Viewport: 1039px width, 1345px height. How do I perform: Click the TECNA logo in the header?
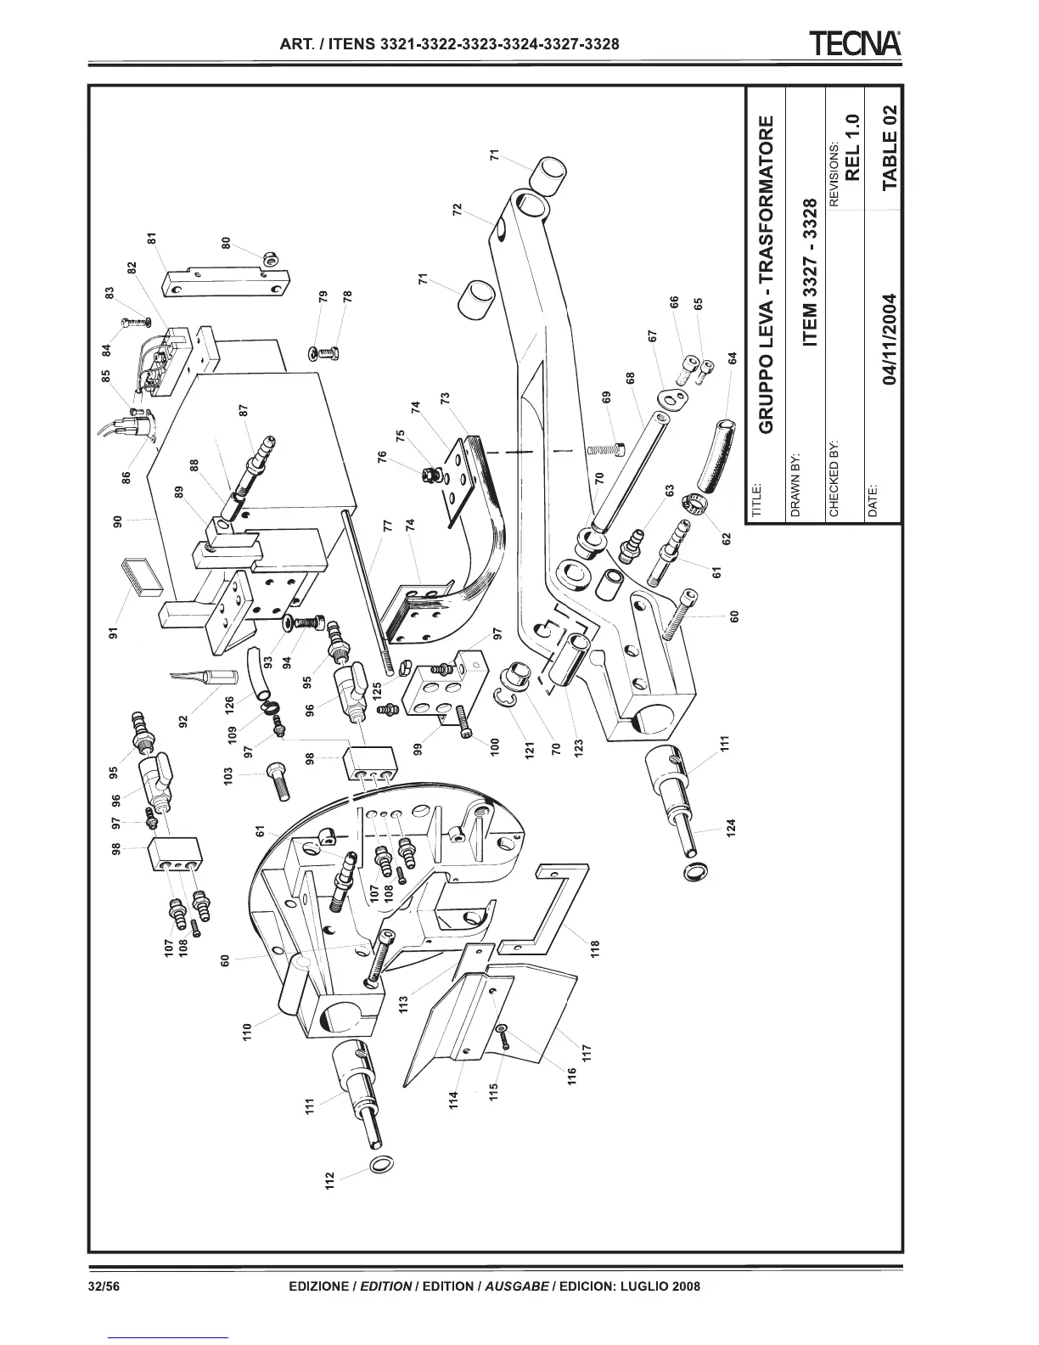855,42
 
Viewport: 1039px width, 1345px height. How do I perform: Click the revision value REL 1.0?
854,147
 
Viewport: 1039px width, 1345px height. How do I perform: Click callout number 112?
330,1181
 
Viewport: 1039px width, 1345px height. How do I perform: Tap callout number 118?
595,946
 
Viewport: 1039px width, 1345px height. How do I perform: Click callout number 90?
119,519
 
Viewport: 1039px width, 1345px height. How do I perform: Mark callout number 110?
247,1033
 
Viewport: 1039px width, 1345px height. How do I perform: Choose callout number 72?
458,210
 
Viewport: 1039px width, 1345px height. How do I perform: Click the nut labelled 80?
271,257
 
